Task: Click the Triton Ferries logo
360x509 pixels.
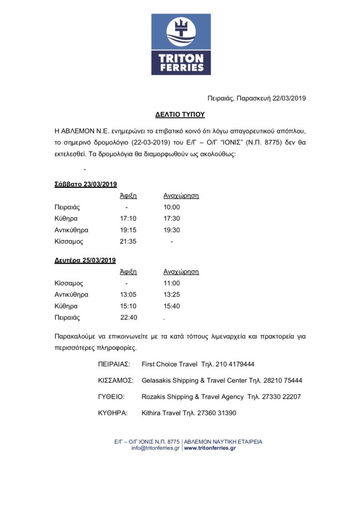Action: click(x=181, y=45)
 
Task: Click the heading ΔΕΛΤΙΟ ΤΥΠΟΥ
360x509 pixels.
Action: click(x=180, y=114)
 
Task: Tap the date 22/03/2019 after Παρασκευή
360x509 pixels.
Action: click(x=289, y=98)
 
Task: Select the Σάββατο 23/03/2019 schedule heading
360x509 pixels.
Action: click(x=86, y=184)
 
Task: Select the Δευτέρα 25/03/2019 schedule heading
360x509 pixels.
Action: click(x=85, y=260)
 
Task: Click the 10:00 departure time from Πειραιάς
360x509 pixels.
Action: click(x=172, y=207)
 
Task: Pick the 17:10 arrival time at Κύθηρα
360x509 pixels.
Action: click(x=128, y=219)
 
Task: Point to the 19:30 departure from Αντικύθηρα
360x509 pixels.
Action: click(x=172, y=230)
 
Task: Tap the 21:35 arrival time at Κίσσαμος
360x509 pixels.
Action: click(x=128, y=242)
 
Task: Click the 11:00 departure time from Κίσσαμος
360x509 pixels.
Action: click(x=172, y=283)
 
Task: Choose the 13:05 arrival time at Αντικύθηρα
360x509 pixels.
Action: click(x=128, y=295)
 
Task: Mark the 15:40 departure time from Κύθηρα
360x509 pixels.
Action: click(x=172, y=306)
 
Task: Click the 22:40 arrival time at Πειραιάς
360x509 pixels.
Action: click(x=128, y=318)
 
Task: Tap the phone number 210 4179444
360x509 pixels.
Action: click(x=236, y=364)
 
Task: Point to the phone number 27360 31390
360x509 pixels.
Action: click(x=215, y=413)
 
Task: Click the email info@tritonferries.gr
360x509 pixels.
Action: click(x=155, y=448)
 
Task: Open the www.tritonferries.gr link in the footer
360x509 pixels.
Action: click(x=210, y=448)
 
